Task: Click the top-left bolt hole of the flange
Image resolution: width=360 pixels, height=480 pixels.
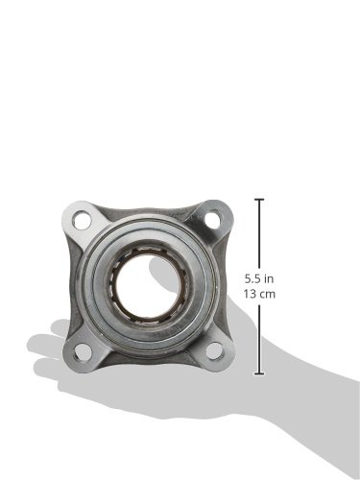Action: pyautogui.click(x=82, y=220)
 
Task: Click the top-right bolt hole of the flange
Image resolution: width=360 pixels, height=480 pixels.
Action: pyautogui.click(x=213, y=219)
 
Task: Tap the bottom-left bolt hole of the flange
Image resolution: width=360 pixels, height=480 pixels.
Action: pyautogui.click(x=83, y=351)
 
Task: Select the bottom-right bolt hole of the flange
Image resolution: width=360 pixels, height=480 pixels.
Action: pyautogui.click(x=214, y=350)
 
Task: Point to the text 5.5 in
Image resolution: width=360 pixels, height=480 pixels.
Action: pyautogui.click(x=259, y=279)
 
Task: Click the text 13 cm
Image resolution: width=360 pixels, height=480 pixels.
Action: pyautogui.click(x=259, y=294)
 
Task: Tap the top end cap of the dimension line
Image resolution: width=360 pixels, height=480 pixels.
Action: pyautogui.click(x=259, y=200)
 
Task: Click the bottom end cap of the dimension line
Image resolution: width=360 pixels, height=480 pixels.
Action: pyautogui.click(x=259, y=373)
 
